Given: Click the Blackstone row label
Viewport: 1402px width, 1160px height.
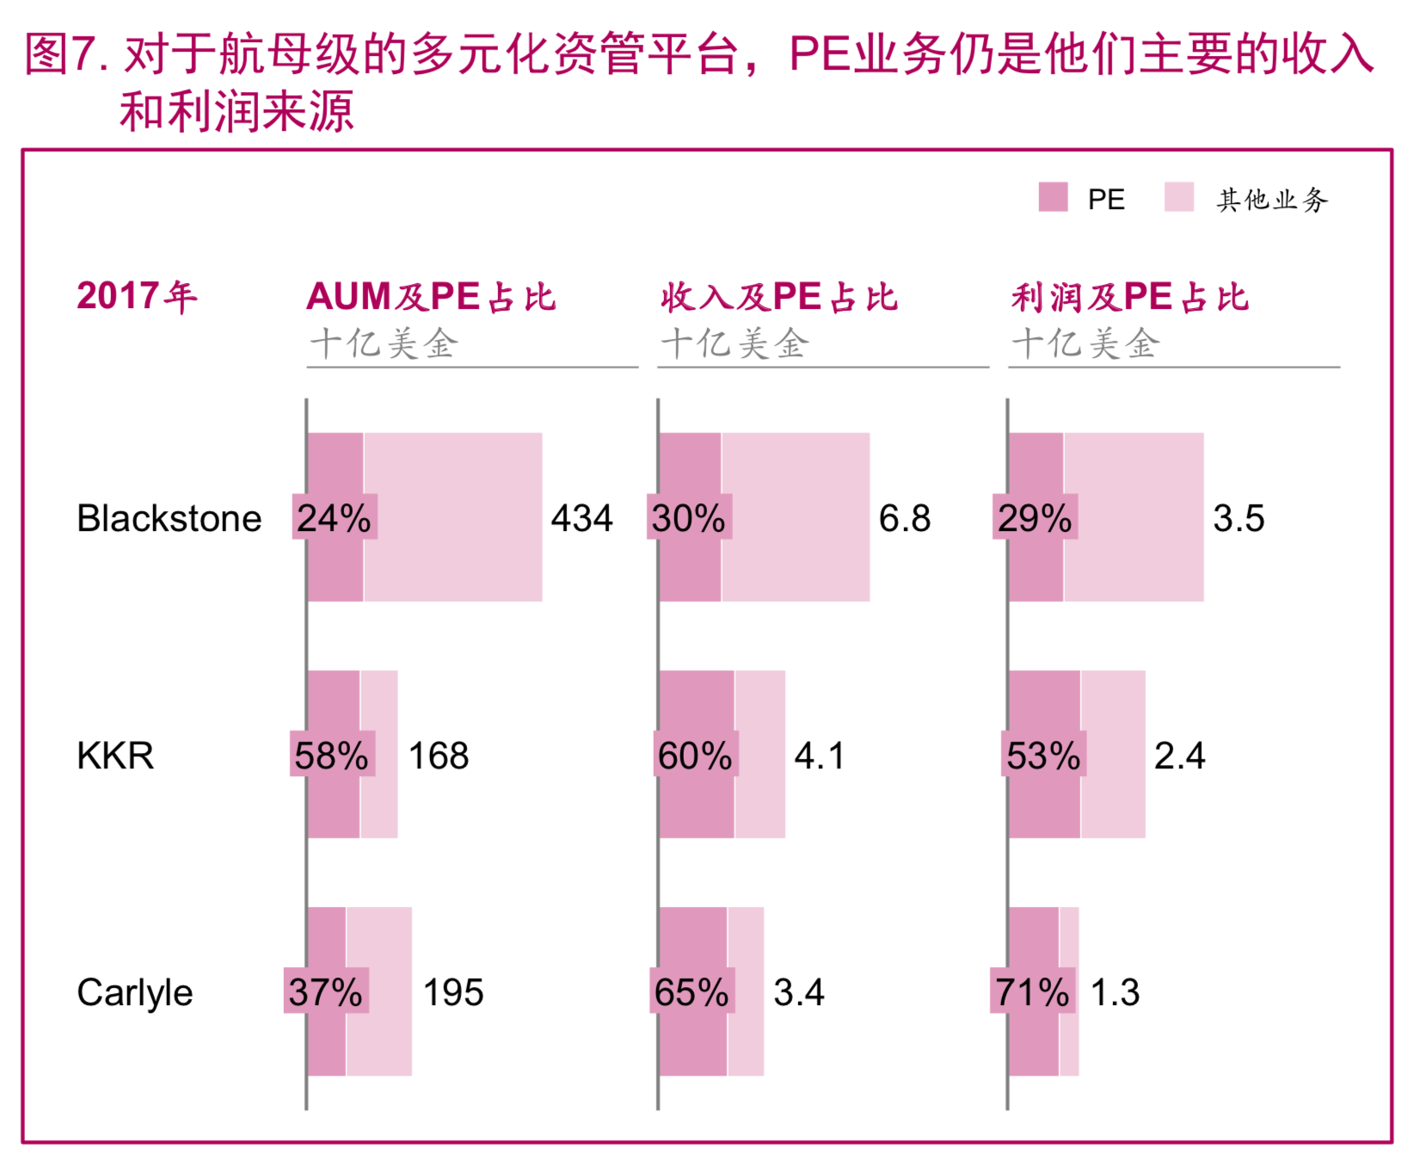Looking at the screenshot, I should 169,518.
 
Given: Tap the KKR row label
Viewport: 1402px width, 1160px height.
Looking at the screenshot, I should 115,756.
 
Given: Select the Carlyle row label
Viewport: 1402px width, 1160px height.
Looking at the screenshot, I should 134,992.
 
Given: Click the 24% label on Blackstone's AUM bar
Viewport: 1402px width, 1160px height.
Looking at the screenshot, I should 334,518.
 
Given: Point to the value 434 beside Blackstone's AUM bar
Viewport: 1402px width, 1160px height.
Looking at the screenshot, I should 581,518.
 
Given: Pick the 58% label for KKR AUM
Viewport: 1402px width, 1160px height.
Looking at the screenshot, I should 332,756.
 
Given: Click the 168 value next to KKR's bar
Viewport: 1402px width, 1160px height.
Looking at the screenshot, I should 438,756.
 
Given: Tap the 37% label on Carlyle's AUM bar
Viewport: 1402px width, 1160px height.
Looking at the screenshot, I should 326,992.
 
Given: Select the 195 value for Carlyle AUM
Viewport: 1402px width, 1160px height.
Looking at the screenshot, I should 453,992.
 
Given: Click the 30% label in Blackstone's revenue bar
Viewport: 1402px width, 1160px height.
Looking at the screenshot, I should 689,518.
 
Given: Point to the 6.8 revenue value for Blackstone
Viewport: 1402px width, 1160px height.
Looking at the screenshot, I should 904,518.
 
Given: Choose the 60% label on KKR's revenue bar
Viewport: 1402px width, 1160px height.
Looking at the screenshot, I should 695,756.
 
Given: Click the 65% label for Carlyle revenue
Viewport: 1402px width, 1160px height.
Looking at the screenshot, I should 692,992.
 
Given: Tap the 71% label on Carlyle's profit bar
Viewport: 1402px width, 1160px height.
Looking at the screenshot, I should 1032,992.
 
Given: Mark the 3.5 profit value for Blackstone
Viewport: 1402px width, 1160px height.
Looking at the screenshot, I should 1239,518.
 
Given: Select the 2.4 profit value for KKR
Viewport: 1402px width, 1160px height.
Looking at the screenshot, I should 1179,756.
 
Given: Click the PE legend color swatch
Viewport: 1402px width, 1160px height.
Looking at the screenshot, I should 1053,197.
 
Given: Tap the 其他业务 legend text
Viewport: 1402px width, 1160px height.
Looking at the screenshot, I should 1272,200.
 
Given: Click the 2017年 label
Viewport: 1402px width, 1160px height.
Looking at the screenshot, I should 137,296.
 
